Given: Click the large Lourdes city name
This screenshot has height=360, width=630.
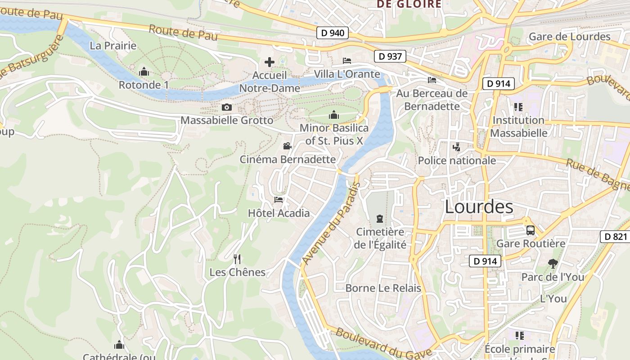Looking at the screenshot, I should tap(479, 207).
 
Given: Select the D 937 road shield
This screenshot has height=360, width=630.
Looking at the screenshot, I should tap(390, 56).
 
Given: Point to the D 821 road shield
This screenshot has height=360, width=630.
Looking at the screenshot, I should tap(615, 237).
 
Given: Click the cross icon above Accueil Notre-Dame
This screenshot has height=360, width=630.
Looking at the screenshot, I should tap(270, 62).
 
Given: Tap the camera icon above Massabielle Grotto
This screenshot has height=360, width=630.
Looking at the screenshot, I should tap(227, 107).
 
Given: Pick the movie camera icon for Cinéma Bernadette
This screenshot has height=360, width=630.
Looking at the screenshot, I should tap(287, 146).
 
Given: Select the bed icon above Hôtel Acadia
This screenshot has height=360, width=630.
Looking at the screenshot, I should tap(279, 200).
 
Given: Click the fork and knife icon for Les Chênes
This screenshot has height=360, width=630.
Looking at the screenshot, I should tap(237, 259).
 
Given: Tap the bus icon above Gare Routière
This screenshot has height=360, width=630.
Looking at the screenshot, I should tap(530, 230).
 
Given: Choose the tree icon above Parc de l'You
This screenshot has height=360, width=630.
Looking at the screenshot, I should tap(553, 264).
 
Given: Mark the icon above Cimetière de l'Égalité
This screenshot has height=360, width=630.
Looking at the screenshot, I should tap(380, 219).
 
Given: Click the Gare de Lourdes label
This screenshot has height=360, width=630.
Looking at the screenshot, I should tap(570, 37).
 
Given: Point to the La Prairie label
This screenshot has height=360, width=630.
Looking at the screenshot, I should tap(113, 46).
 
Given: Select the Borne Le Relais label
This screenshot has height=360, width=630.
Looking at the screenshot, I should tap(383, 288).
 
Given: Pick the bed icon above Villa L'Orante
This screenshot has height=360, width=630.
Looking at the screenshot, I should tap(347, 61).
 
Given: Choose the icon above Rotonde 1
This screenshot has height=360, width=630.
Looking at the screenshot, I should tap(144, 72).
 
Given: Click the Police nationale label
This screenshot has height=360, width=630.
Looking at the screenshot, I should tap(457, 161).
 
